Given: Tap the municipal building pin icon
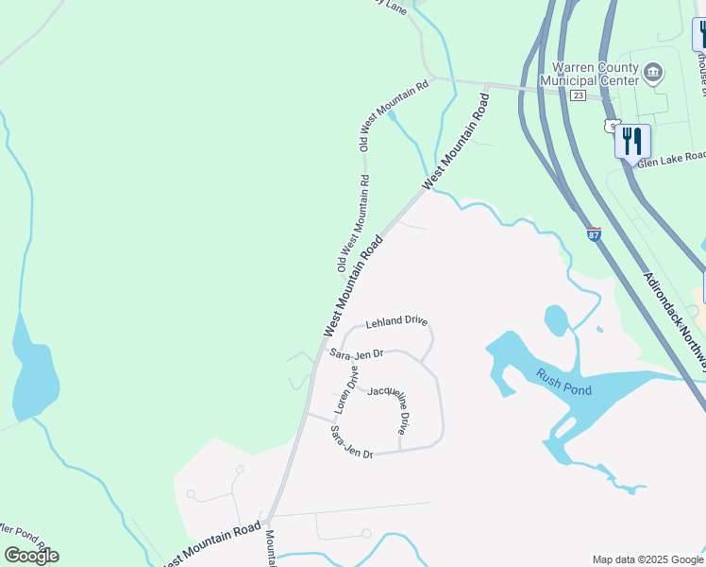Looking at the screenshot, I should point(653,72).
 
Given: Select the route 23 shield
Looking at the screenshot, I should point(579,95).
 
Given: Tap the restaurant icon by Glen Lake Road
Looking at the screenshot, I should point(631,143).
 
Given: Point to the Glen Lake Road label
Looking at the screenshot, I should point(671,160).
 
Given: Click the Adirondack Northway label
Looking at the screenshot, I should point(677,311).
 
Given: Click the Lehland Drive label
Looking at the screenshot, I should point(396,321).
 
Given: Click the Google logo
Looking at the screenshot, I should point(31,555).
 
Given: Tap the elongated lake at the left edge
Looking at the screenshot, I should point(34,369).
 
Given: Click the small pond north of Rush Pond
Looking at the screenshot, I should point(556,318).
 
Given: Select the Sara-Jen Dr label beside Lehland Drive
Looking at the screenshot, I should point(356,353).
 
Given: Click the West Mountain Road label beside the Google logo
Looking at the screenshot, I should point(211,544).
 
